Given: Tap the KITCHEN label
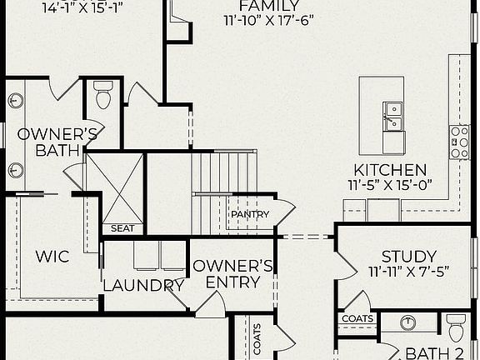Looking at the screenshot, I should click(390, 170).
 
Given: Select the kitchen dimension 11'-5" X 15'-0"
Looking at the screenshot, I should click(390, 185).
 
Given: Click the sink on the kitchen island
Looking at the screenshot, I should click(392, 117).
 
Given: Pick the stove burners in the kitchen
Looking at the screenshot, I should click(459, 142).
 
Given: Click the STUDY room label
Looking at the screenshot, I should click(408, 257).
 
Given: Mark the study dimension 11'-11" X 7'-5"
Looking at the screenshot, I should click(408, 272).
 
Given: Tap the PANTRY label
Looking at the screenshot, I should click(250, 214).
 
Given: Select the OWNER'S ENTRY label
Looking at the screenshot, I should click(232, 273).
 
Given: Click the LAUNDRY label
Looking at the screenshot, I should click(143, 286).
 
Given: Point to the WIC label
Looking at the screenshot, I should click(52, 256).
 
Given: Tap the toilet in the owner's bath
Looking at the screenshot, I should click(103, 97).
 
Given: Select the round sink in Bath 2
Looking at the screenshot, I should click(409, 324).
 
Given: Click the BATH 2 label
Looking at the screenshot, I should click(435, 353).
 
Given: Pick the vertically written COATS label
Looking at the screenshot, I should click(257, 340).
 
